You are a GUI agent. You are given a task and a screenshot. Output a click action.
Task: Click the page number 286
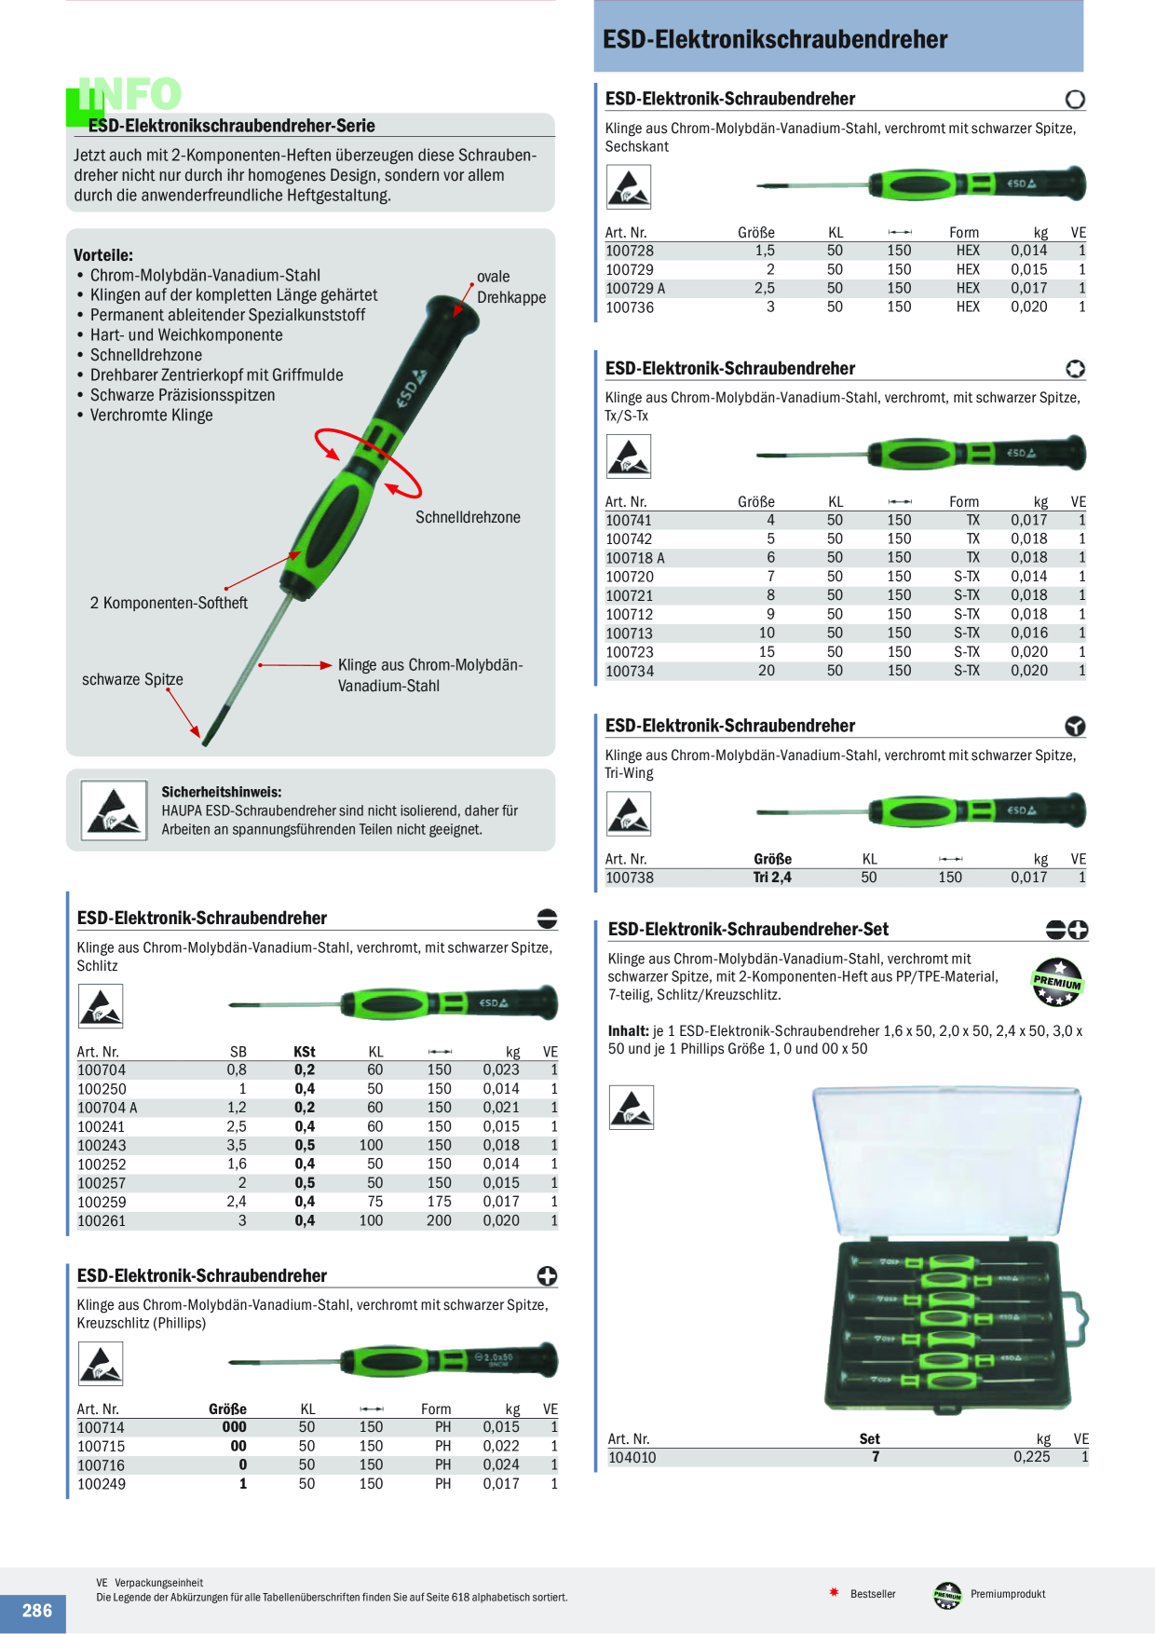[x=37, y=1611]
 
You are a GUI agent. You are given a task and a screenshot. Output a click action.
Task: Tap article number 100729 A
[x=635, y=289]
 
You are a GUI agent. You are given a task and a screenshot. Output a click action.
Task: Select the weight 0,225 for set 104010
[x=1031, y=1457]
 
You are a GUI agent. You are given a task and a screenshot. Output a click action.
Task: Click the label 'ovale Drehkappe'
[x=511, y=287]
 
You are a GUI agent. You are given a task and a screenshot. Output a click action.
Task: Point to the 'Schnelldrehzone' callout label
[x=468, y=518]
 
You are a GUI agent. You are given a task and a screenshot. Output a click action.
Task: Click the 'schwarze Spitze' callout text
[x=132, y=680]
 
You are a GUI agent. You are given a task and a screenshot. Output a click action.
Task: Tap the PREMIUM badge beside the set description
[x=1057, y=983]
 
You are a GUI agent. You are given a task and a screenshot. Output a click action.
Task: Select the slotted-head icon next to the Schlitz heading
[x=548, y=919]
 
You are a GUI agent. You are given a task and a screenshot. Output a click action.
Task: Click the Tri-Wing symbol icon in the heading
[x=1075, y=727]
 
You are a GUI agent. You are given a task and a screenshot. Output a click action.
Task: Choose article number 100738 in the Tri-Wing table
[x=630, y=878]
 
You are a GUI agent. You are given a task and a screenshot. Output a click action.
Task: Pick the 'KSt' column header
[x=305, y=1052]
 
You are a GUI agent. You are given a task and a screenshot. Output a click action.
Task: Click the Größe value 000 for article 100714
[x=235, y=1427]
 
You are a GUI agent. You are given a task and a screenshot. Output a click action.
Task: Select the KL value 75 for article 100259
[x=375, y=1202]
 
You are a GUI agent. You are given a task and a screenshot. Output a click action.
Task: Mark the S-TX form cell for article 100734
[x=967, y=671]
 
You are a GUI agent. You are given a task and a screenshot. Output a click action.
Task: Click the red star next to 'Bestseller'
[x=835, y=1592]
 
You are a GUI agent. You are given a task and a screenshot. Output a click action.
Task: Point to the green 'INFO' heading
[x=129, y=94]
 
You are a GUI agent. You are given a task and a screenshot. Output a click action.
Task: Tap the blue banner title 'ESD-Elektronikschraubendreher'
[x=775, y=39]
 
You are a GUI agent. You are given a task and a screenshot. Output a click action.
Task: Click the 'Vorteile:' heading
[x=103, y=255]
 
